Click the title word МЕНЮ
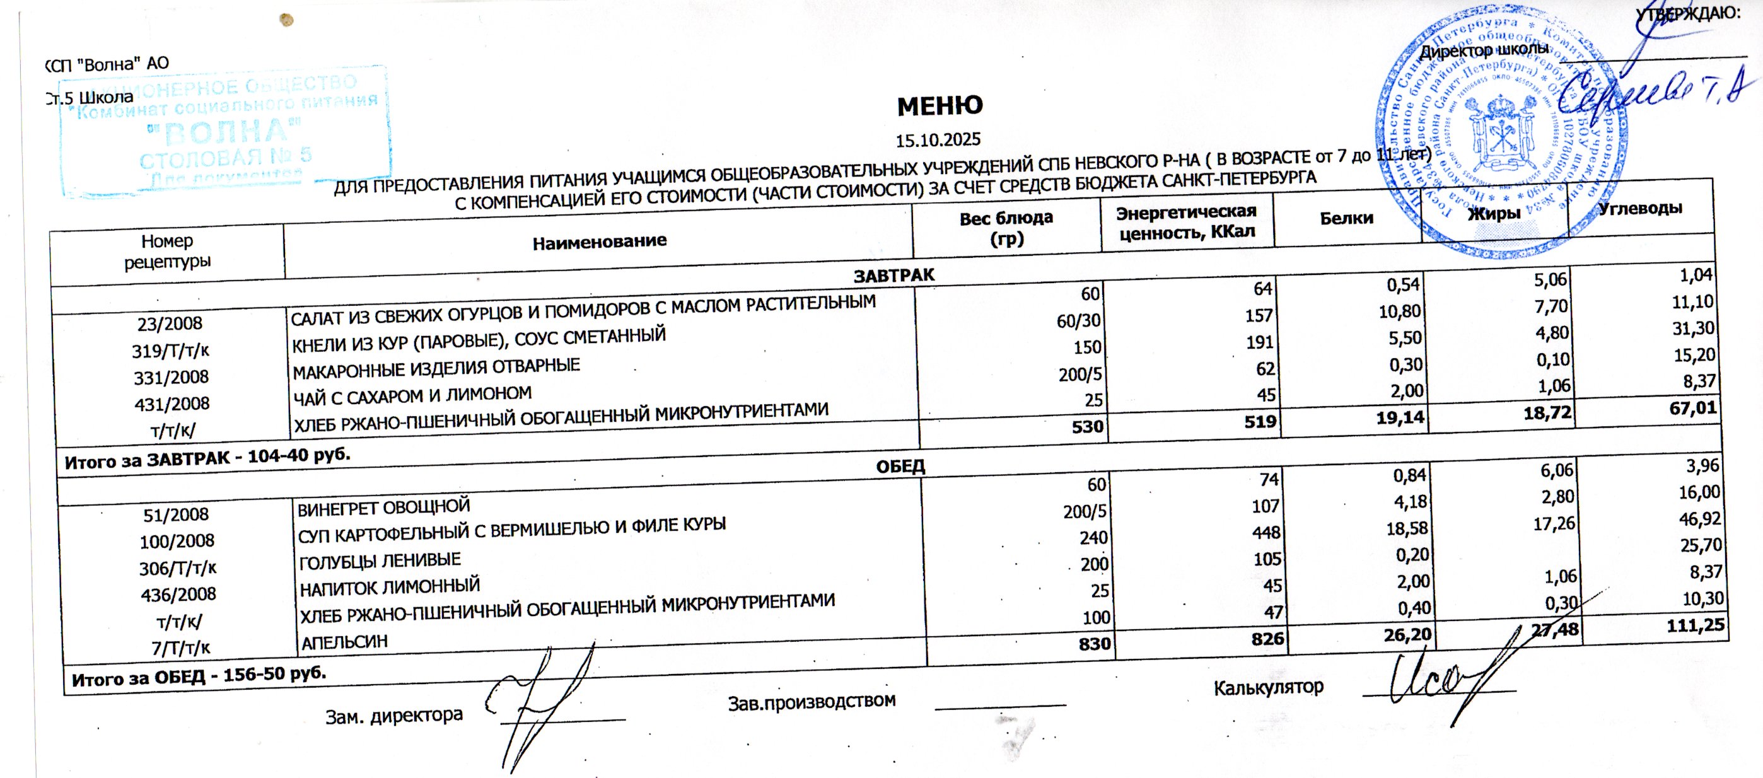tap(940, 106)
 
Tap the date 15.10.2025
tap(938, 140)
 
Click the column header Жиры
tap(1494, 214)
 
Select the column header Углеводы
tap(1640, 209)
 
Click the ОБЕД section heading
tap(900, 467)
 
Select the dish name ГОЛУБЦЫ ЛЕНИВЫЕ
tap(380, 561)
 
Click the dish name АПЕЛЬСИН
tap(344, 642)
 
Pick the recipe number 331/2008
tap(172, 377)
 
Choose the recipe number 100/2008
tap(177, 541)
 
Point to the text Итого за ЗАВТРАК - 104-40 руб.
tap(207, 459)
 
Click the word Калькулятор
tap(1268, 687)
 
